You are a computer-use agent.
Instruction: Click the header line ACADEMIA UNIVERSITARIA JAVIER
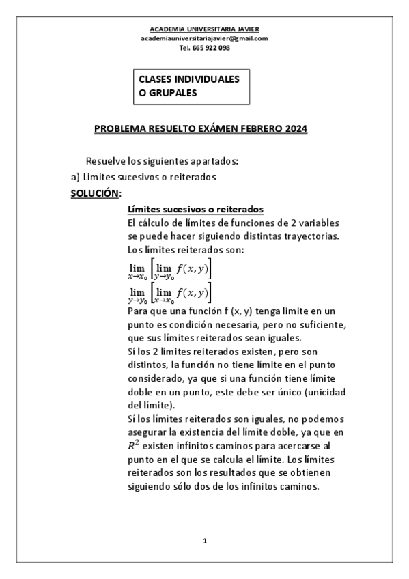click(x=204, y=29)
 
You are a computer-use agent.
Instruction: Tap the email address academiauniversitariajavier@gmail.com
click(x=204, y=38)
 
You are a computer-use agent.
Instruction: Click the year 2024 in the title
click(x=295, y=128)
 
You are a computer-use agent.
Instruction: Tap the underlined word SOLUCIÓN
click(x=94, y=193)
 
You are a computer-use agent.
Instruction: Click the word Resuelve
click(x=107, y=162)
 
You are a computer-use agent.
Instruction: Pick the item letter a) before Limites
click(x=76, y=178)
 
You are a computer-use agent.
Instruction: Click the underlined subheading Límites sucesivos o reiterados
click(x=195, y=209)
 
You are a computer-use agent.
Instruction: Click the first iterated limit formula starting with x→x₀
click(x=169, y=270)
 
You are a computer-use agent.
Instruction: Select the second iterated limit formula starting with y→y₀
click(x=169, y=294)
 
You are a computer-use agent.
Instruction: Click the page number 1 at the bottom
click(x=205, y=541)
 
